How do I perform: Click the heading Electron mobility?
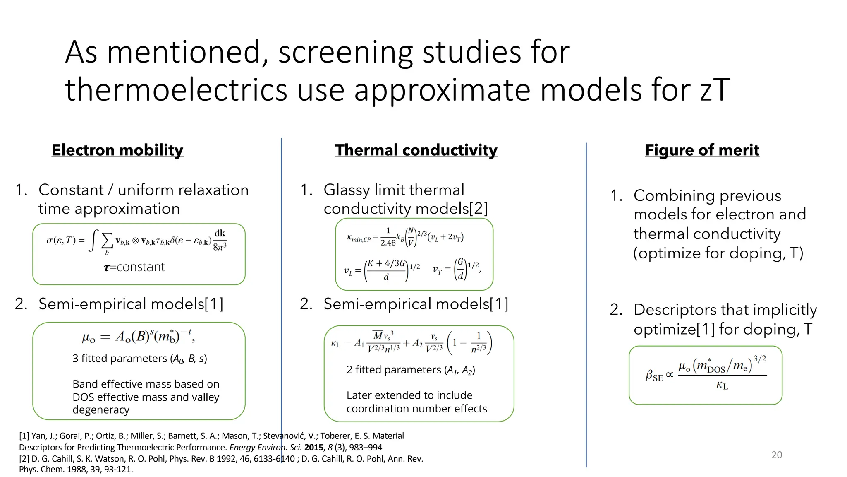click(x=117, y=150)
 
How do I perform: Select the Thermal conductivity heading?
click(x=416, y=150)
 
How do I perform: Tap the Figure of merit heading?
click(x=702, y=150)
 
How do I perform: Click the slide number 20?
click(x=777, y=455)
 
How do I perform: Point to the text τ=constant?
click(x=134, y=267)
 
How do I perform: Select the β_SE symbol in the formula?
click(x=654, y=376)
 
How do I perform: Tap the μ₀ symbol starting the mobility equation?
click(x=89, y=337)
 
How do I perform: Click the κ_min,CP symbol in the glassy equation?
click(x=359, y=238)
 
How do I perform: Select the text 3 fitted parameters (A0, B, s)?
click(x=140, y=359)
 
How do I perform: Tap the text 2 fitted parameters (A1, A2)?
click(x=411, y=370)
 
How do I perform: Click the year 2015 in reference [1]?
click(x=313, y=447)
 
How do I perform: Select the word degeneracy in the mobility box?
click(x=101, y=410)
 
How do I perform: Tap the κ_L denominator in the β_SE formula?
click(x=722, y=385)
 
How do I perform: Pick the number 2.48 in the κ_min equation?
click(x=388, y=243)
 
